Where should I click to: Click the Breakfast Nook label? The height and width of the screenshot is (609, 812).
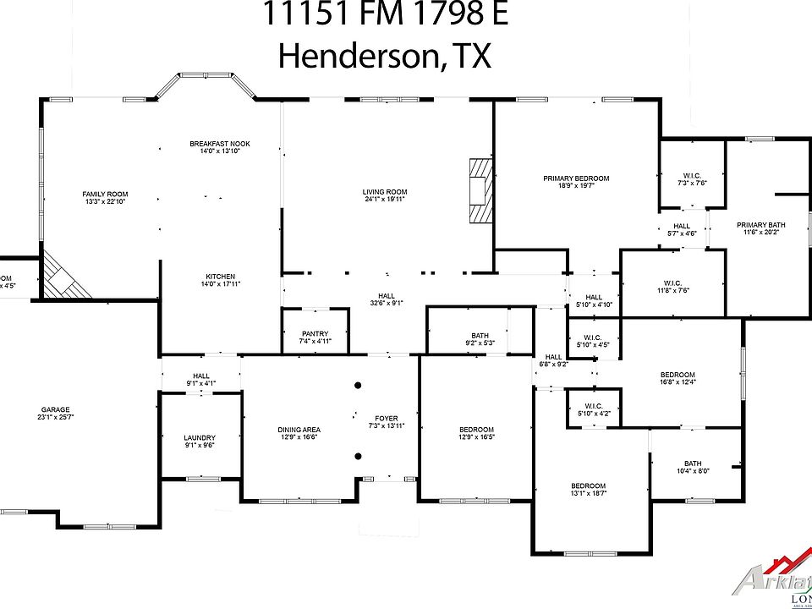point(220,144)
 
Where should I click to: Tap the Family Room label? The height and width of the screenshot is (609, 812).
point(104,195)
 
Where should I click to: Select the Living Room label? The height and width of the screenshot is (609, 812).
point(385,192)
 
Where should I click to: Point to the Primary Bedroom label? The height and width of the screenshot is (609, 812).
point(576,178)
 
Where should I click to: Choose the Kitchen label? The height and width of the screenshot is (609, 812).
point(220,277)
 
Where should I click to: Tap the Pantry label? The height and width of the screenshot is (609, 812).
point(315,334)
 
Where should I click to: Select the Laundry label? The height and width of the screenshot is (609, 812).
point(200,438)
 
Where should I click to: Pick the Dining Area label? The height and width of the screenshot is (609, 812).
point(299,430)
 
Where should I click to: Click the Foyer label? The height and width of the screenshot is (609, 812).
point(387,419)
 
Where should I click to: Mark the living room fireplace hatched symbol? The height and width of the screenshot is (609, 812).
point(480,190)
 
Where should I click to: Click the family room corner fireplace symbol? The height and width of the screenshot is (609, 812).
point(63,276)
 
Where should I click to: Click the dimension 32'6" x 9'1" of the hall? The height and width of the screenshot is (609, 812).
point(386,302)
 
